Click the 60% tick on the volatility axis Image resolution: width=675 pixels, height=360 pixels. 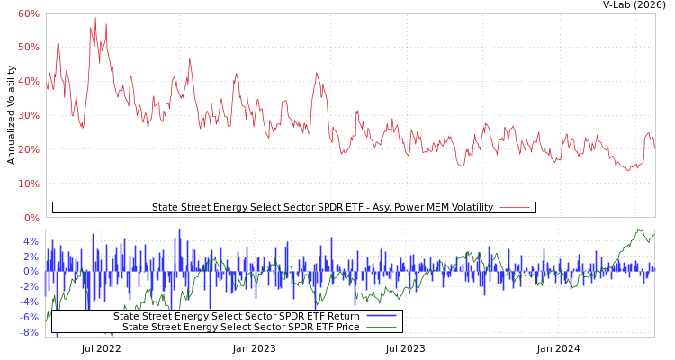(28, 13)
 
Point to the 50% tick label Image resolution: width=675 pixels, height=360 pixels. (28, 47)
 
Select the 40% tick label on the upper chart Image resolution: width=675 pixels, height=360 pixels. (28, 81)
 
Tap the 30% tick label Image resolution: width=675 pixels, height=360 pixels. (28, 115)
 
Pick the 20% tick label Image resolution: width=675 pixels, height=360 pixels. (28, 149)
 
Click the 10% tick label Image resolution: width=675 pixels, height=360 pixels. (28, 184)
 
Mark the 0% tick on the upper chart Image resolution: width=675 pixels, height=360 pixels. (31, 218)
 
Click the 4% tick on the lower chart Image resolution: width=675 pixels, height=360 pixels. (31, 241)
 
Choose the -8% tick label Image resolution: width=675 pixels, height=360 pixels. (28, 332)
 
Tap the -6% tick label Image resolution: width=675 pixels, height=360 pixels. (28, 317)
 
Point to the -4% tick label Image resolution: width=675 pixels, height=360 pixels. (28, 301)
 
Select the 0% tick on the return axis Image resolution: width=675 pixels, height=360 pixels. (31, 271)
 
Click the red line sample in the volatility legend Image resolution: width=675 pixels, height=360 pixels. (514, 208)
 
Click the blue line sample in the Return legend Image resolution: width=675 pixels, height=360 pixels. (382, 316)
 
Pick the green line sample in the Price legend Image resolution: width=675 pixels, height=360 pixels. (382, 327)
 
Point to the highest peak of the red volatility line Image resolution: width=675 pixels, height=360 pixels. (95, 18)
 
